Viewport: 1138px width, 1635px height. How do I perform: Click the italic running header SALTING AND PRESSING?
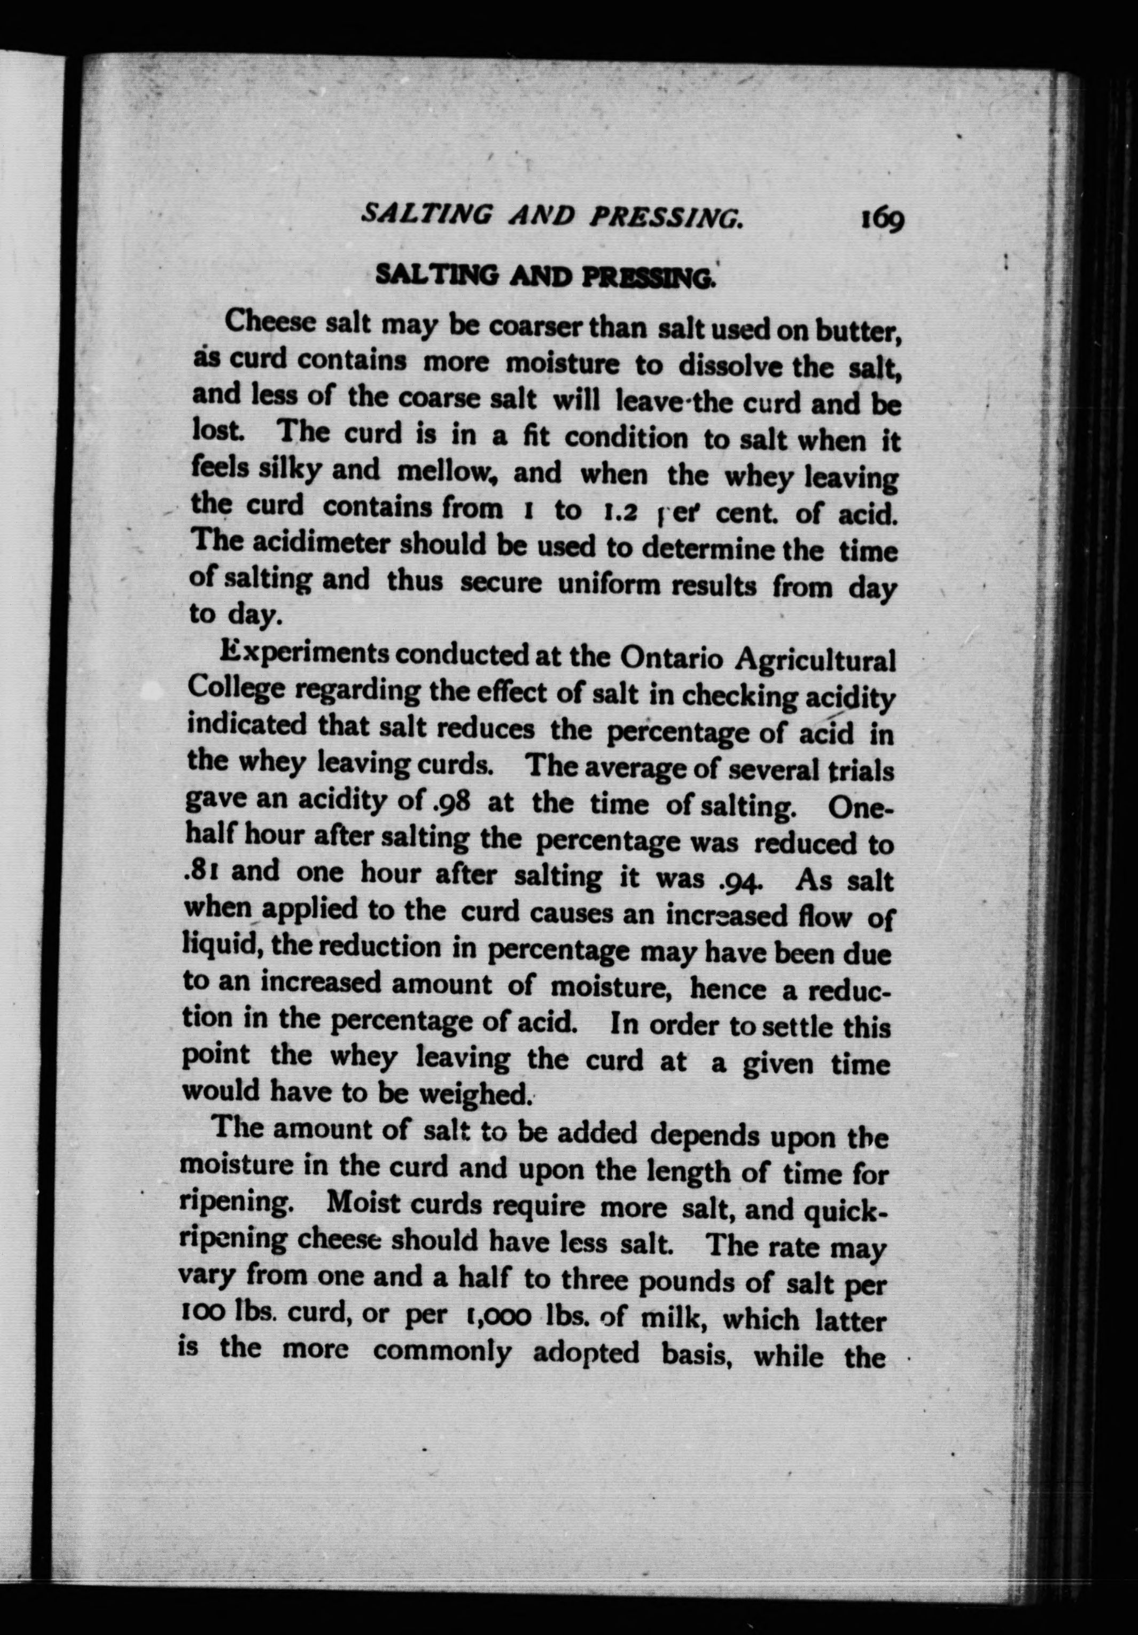(x=552, y=215)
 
